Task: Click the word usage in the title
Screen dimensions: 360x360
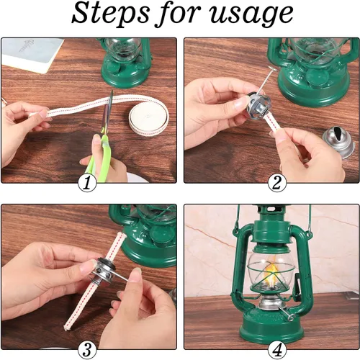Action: coord(251,16)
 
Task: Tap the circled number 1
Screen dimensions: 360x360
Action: coord(87,183)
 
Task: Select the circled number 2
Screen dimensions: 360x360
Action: coord(277,183)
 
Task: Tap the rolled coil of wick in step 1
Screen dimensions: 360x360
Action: coord(149,117)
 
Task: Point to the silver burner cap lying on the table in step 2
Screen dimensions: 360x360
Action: coord(339,143)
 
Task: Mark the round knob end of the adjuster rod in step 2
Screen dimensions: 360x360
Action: coord(271,69)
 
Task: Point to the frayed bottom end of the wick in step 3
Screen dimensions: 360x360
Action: coord(66,328)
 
